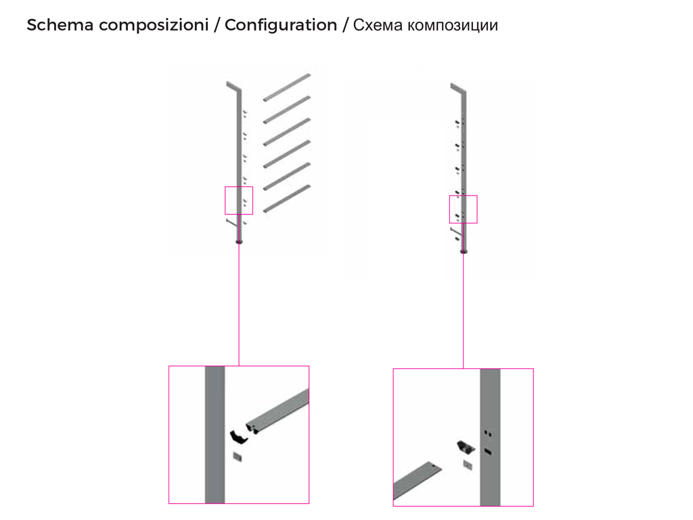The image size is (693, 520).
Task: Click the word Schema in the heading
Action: point(60,25)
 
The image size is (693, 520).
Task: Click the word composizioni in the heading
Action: point(154,26)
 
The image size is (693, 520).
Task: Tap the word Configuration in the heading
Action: point(281,26)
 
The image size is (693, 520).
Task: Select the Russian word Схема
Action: point(378,25)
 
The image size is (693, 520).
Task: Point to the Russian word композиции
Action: point(453,26)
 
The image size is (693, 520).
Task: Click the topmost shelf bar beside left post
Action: point(287,87)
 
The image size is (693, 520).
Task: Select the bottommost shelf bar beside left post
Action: point(287,198)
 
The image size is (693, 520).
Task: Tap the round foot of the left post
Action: point(239,242)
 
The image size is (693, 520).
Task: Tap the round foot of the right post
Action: point(464,252)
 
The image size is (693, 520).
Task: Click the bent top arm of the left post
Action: point(233,86)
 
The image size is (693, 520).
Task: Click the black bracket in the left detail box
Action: point(238,437)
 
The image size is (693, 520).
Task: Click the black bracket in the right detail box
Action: point(466,447)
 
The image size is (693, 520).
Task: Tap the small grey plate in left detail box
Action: point(238,457)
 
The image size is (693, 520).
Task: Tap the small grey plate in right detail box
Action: point(468,464)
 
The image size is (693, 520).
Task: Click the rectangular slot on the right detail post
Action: point(488,451)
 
